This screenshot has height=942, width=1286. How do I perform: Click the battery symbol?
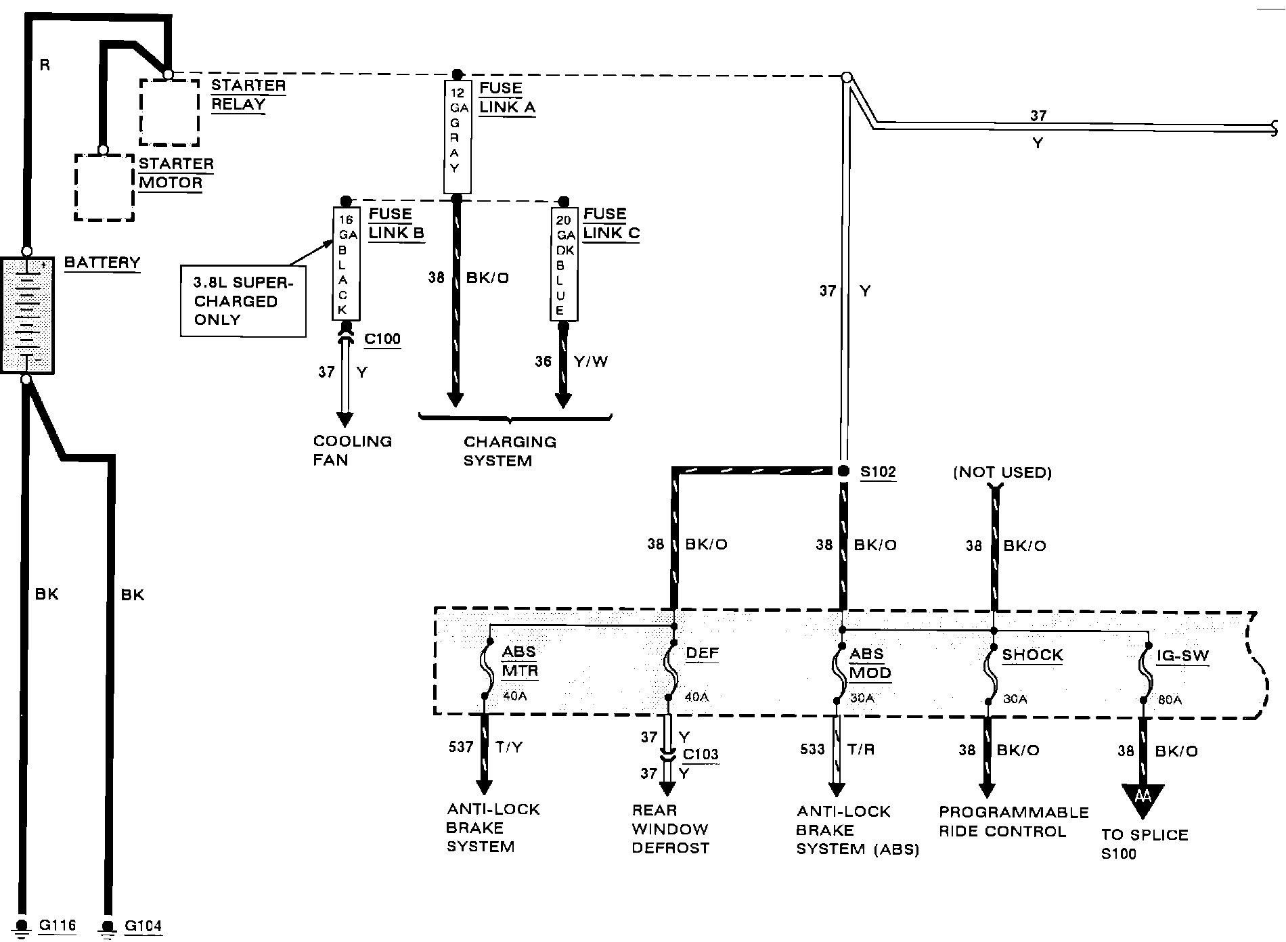tap(27, 315)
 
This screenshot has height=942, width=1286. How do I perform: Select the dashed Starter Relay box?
tap(169, 112)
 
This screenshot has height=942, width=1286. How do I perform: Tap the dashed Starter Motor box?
tap(104, 187)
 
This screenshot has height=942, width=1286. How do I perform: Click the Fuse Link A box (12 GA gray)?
tap(457, 137)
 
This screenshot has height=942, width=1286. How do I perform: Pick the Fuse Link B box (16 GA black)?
tap(346, 263)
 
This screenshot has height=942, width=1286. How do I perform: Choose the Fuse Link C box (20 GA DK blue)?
tap(564, 264)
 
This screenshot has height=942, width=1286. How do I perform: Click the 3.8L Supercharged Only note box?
tap(243, 301)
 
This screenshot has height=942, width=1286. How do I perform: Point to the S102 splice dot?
tap(843, 471)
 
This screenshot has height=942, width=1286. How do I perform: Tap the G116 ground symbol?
tap(22, 924)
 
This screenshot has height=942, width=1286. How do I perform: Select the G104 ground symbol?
tap(107, 925)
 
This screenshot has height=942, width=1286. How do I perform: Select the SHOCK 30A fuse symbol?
tap(991, 671)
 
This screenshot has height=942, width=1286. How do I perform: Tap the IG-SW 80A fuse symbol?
tap(1143, 673)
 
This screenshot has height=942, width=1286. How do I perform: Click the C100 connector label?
tap(382, 339)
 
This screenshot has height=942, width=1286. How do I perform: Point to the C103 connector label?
tap(701, 755)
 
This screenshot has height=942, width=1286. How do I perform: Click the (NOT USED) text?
tap(1002, 472)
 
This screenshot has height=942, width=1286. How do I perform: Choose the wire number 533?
tap(812, 749)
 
